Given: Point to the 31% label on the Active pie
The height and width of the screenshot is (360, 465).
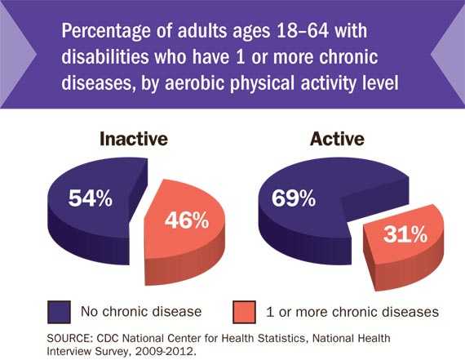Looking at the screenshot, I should (405, 235).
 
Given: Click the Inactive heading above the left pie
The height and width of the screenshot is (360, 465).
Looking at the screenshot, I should (133, 139).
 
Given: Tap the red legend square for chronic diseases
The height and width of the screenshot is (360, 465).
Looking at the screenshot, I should (242, 310).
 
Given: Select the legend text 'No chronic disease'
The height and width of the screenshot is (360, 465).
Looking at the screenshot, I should (140, 311).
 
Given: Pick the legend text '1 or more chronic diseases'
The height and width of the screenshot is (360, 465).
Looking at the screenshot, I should (352, 311).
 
